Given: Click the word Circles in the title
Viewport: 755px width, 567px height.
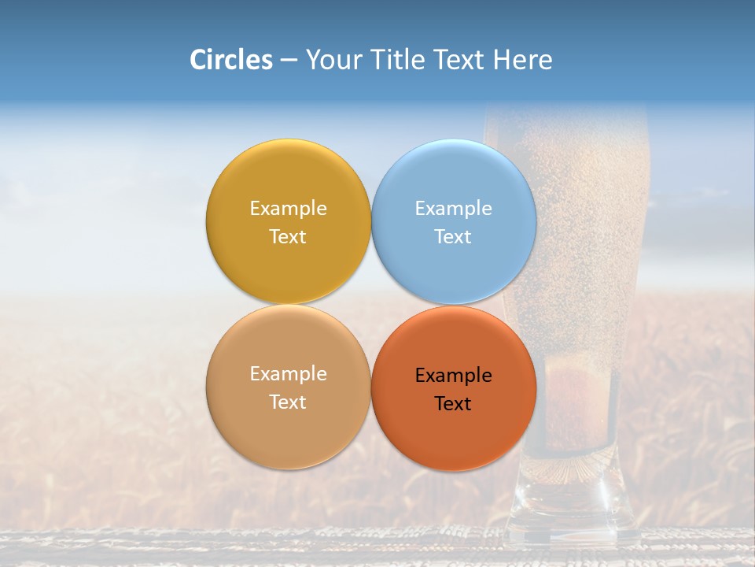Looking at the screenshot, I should coord(230,60).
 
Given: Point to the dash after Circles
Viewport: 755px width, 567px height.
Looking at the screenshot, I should coord(288,61).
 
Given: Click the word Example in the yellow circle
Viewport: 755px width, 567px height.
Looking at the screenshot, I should coord(288,209).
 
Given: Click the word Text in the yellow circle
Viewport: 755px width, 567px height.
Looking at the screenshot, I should coord(288,237).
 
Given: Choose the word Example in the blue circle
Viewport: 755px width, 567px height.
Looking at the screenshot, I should coord(453,209).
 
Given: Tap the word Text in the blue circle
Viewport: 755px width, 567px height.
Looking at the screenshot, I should coord(453,237).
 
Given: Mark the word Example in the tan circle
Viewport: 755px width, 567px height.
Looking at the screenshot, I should coord(288,374).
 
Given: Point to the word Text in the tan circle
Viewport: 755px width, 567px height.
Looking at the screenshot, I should coord(288,402).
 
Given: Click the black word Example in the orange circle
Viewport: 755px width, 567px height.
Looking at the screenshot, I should coord(453,376).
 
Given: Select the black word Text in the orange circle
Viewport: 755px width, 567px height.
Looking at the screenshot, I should coord(453,404).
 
